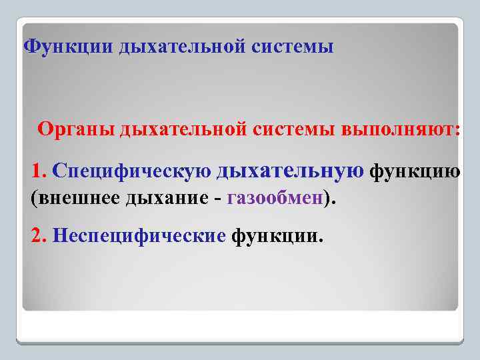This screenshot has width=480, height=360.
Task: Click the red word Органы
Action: pyautogui.click(x=76, y=129)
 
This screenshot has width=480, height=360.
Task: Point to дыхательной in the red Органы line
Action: pyautogui.click(x=183, y=129)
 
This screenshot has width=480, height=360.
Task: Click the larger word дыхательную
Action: pyautogui.click(x=290, y=171)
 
